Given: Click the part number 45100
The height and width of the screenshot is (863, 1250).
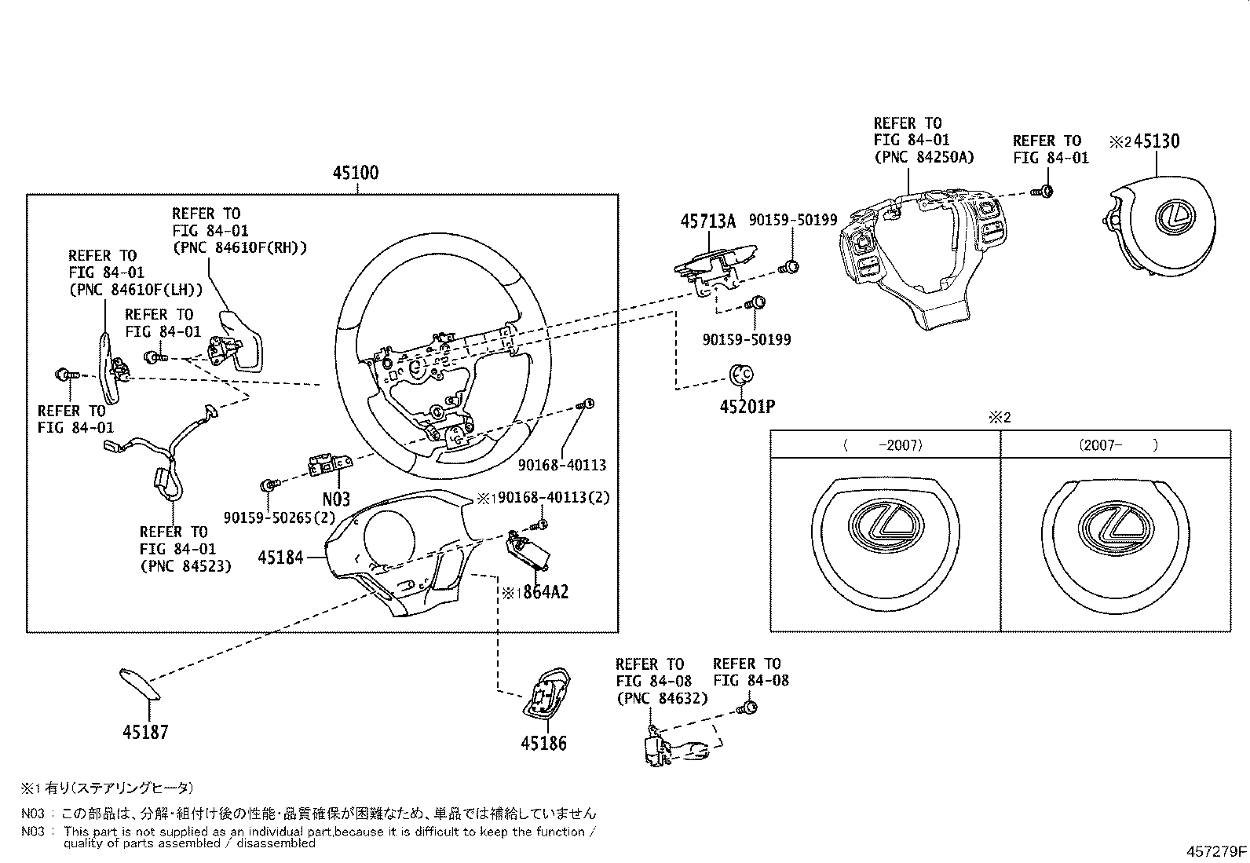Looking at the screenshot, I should [x=356, y=173].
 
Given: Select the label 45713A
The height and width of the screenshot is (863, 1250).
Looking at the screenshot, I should [x=707, y=221].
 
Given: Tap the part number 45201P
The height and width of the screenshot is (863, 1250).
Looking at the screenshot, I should [x=747, y=407].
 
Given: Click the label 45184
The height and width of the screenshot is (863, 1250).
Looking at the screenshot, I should [x=280, y=558].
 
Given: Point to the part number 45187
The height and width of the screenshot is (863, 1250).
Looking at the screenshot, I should [x=145, y=733].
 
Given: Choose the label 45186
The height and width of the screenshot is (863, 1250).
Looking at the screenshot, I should [x=543, y=743].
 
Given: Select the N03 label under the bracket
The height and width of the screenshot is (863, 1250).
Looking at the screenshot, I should [x=336, y=499].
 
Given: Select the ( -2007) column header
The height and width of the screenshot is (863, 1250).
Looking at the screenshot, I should [x=883, y=445].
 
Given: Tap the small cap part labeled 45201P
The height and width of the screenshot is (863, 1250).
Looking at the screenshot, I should [x=741, y=375].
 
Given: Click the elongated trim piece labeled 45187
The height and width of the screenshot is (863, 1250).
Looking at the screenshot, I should [x=140, y=683].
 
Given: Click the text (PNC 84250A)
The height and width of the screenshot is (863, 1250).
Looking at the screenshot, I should [x=923, y=157].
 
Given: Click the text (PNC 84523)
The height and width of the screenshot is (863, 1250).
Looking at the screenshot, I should [x=185, y=565].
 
